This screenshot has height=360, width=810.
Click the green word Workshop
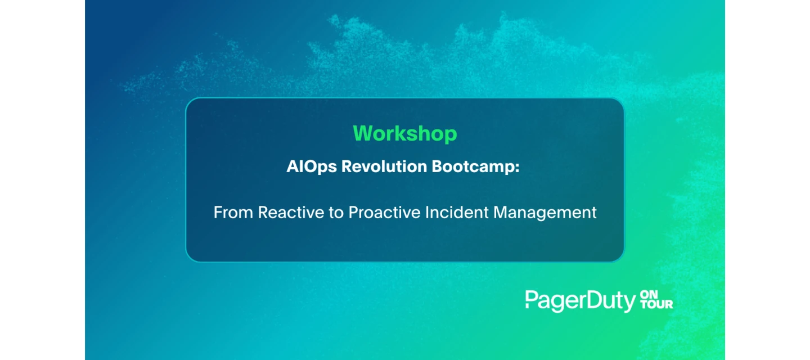coord(405,134)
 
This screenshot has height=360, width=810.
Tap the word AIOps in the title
coord(312,167)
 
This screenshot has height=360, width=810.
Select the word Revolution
coord(384,166)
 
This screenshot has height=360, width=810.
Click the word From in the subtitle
coord(233,212)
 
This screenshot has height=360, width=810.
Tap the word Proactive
coord(384,212)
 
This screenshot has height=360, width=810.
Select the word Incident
coord(457,212)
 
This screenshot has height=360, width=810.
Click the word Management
coord(545,213)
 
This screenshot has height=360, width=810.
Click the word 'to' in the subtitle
coord(336,213)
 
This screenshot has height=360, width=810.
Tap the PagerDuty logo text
coord(580,301)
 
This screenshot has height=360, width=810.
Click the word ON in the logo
coord(649,295)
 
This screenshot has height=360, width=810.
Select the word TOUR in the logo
coord(656,304)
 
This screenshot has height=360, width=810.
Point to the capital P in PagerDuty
coord(532,299)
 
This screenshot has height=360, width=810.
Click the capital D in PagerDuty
coord(595,299)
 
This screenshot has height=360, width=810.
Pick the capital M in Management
coord(501,212)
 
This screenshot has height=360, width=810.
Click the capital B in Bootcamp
coord(438,166)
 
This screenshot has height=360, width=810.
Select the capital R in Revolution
coord(347,166)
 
